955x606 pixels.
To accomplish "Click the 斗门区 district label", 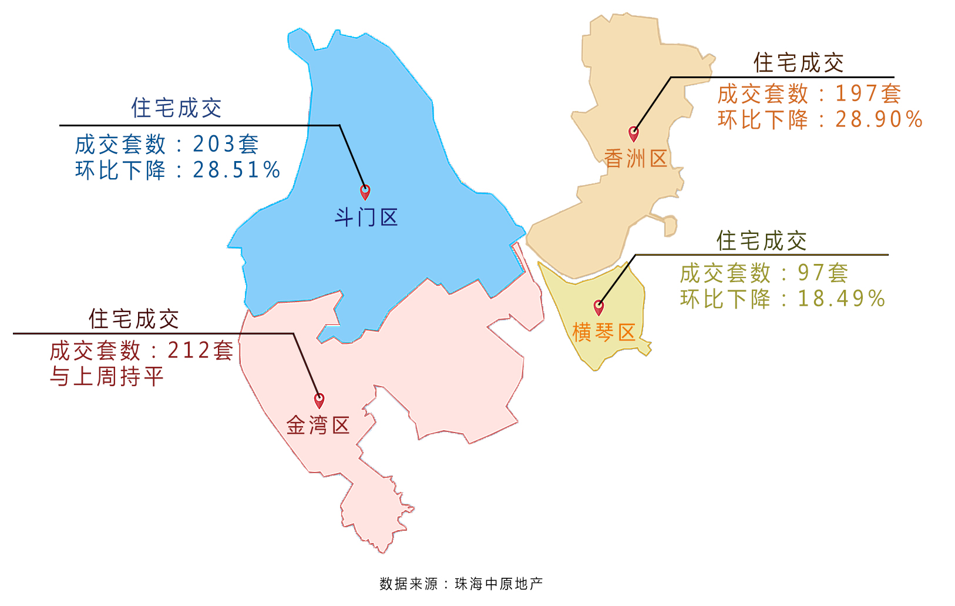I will (366, 217).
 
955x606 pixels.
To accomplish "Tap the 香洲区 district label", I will (635, 159).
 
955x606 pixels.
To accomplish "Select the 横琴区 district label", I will (604, 333).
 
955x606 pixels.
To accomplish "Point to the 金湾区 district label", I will (318, 425).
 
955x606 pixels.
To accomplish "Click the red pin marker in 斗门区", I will (365, 192).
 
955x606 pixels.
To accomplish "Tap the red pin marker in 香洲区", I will (633, 133).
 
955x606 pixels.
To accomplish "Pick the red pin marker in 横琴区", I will (598, 307).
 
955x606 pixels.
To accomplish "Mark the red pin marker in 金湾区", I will (319, 400).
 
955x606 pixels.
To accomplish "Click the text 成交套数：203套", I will (167, 144).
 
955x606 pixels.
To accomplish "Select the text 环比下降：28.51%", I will (177, 170).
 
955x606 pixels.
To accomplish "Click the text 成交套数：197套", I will (809, 93).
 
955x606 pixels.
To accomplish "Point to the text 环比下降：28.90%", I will (820, 120).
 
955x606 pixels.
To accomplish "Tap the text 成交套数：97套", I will (764, 273).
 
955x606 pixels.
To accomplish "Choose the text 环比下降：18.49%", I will (782, 299).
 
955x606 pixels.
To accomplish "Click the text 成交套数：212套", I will (142, 351).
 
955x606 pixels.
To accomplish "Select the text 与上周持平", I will (106, 377).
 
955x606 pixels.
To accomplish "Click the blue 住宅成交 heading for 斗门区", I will (176, 108).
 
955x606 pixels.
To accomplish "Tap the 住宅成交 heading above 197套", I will (798, 63).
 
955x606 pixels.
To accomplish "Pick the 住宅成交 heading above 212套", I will (134, 319).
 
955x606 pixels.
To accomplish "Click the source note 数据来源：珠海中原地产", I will (461, 584).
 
